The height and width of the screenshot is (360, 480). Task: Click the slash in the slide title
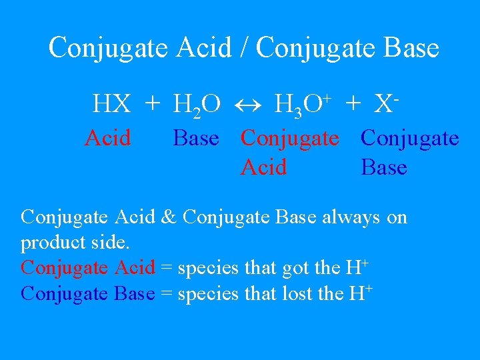[x=243, y=48]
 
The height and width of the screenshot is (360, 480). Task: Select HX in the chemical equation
[x=112, y=104]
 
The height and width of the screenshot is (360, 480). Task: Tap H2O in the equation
[x=197, y=105]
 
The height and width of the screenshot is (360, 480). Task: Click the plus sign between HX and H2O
[x=153, y=104]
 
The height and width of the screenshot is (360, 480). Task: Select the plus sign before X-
[x=353, y=104]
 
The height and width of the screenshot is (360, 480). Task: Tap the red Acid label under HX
[x=108, y=138]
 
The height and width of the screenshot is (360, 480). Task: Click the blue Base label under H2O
[x=195, y=138]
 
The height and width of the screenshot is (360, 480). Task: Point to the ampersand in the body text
[x=170, y=217]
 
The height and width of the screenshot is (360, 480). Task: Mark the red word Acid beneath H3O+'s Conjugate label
[x=264, y=167]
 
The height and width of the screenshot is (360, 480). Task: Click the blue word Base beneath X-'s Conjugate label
[x=384, y=167]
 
